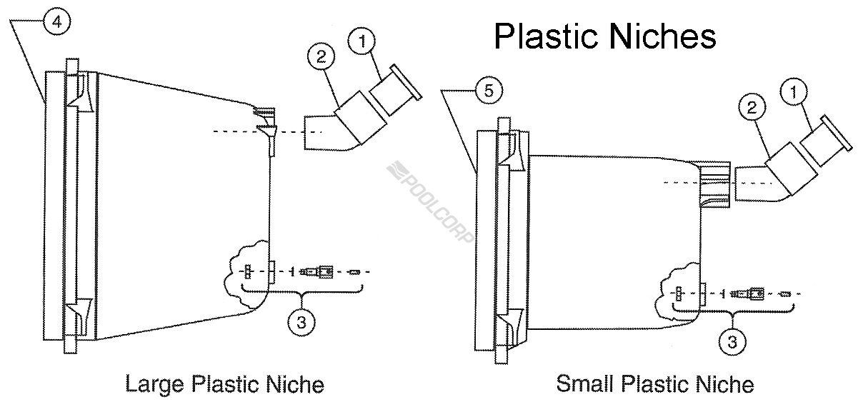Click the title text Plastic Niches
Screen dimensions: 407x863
pos(604,35)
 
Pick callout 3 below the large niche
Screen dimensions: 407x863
pos(301,322)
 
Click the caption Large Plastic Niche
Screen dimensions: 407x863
pos(224,384)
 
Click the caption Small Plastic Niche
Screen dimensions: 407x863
pos(654,384)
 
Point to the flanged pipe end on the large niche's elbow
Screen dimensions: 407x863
pos(395,89)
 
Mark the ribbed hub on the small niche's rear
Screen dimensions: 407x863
pos(714,184)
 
